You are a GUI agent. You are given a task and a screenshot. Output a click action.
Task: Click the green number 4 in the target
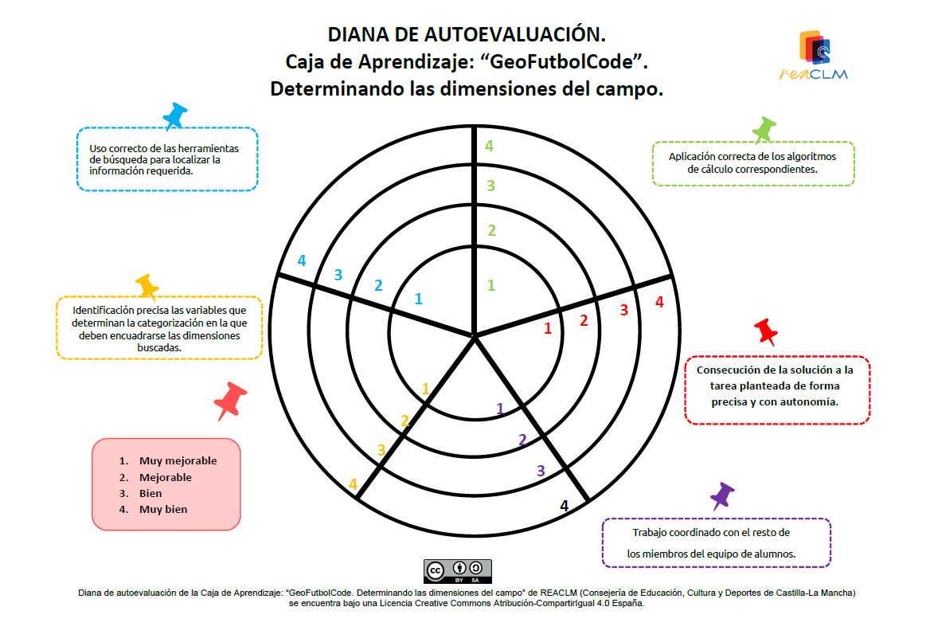coord(489,146)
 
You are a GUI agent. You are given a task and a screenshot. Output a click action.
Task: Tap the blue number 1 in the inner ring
coord(418,299)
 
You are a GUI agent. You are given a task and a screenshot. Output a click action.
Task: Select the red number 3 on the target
coord(624,310)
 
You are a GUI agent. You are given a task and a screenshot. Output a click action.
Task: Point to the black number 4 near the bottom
coord(564,506)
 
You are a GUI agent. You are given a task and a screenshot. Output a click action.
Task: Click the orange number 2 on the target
coord(404,421)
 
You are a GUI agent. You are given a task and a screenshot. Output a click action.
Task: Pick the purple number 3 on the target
coord(541,471)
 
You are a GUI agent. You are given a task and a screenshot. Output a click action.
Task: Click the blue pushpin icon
coord(174,115)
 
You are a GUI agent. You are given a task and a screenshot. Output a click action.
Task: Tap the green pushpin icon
coord(764,129)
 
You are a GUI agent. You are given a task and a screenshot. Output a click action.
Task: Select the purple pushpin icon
coord(722,495)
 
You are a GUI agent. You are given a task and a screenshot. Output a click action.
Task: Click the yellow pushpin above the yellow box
coord(147,287)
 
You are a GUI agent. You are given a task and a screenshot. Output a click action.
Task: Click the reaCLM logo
coord(815,55)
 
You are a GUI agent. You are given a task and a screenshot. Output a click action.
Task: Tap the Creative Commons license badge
coord(458,571)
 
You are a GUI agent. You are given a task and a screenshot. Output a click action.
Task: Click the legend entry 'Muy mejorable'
coord(178,460)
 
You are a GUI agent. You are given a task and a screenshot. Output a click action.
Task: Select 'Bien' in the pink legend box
coord(150,493)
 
